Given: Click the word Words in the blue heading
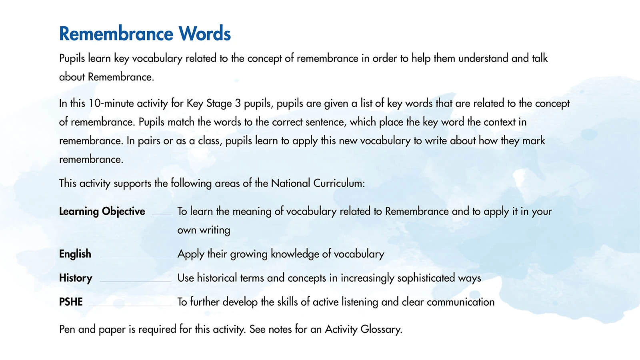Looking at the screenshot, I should (x=204, y=34).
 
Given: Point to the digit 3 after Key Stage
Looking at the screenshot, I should (x=238, y=103).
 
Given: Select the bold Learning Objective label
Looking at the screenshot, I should (x=102, y=211).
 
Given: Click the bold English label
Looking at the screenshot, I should (x=75, y=254).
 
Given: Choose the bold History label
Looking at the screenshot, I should (x=76, y=278).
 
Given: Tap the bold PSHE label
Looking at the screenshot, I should (x=71, y=302).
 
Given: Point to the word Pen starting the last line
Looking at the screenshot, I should (x=67, y=329).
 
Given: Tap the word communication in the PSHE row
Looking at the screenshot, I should (x=460, y=302).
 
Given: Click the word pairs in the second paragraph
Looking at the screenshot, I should (x=149, y=141).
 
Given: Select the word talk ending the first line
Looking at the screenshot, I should (x=540, y=58).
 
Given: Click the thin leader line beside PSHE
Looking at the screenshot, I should (x=130, y=306).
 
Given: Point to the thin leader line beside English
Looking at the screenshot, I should (x=135, y=257).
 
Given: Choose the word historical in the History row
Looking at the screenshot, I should (x=217, y=278).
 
